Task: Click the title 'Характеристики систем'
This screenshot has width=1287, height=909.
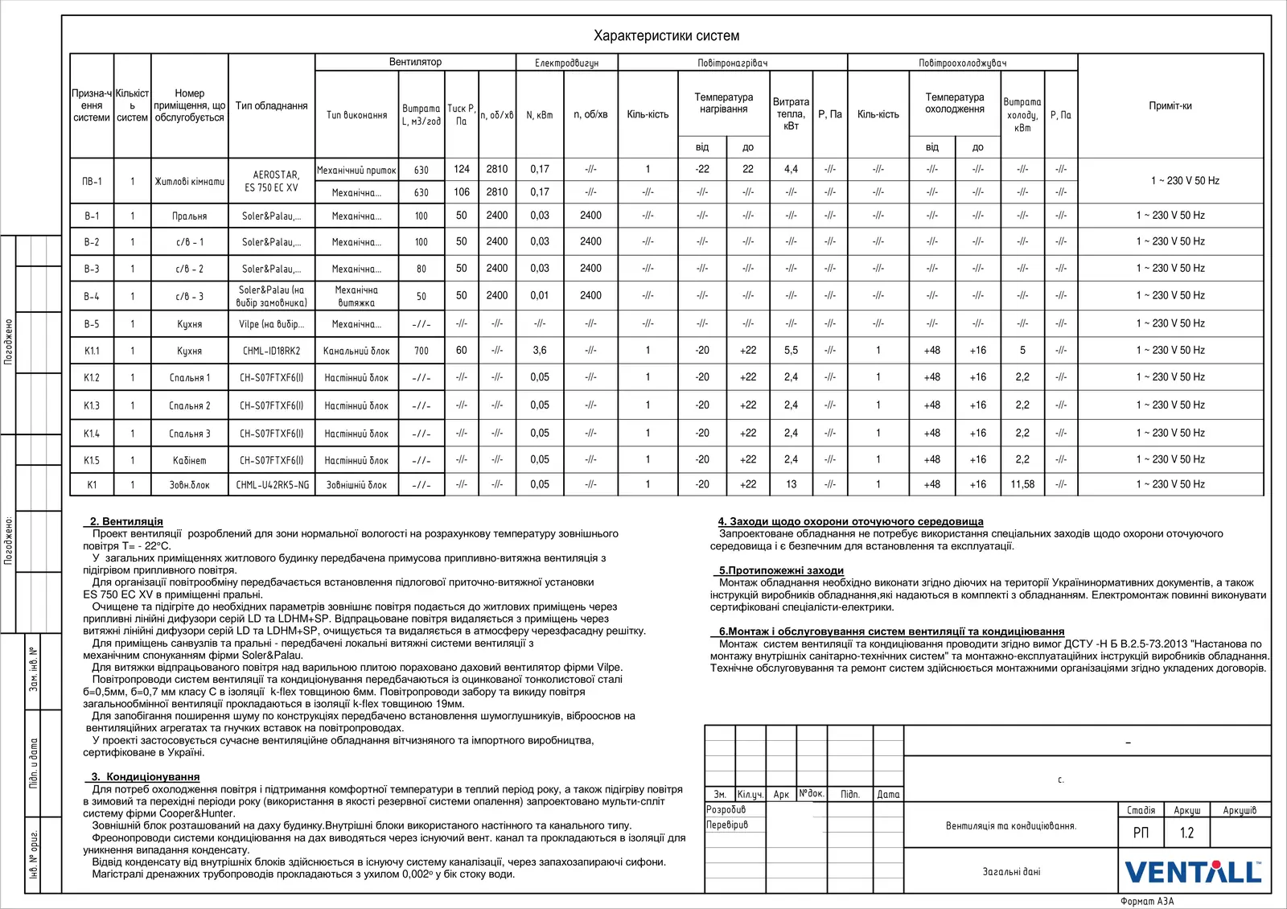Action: click(666, 35)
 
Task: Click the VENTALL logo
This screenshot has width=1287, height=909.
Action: click(1192, 872)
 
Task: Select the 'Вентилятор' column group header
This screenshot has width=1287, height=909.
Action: click(415, 62)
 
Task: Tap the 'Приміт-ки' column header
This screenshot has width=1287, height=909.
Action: click(1170, 106)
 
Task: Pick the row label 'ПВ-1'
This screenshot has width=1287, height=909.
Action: click(92, 181)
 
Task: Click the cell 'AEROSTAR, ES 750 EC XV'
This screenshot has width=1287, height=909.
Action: click(271, 181)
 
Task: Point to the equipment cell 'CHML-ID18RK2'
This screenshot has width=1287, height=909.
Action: click(271, 351)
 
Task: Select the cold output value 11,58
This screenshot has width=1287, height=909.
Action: click(1022, 484)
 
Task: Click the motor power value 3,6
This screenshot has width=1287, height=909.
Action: click(539, 351)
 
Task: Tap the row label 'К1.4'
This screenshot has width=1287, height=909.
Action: click(92, 434)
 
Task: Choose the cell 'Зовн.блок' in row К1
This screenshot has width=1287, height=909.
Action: click(189, 485)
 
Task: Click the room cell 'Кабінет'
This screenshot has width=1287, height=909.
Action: click(189, 460)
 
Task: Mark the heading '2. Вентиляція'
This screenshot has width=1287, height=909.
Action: click(126, 521)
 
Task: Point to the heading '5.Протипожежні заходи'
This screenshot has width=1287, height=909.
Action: click(781, 570)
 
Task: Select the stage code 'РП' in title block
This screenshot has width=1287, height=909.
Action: click(1141, 833)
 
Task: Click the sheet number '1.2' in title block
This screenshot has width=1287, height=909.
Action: click(1186, 833)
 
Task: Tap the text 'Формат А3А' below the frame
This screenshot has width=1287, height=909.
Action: click(1147, 901)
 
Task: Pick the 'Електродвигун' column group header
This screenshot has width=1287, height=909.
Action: click(566, 63)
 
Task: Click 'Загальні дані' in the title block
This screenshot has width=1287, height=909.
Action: click(1011, 871)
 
